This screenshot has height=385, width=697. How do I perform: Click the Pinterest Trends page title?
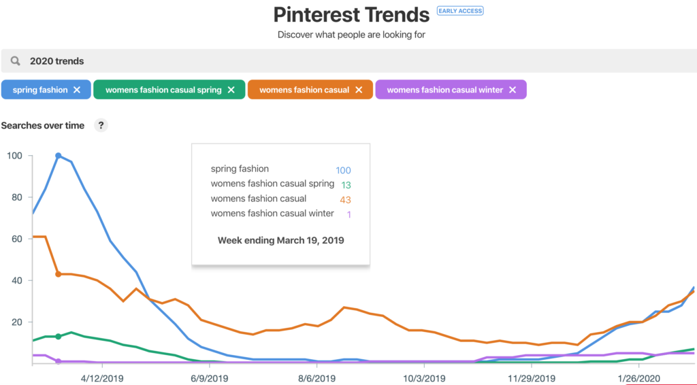pyautogui.click(x=351, y=14)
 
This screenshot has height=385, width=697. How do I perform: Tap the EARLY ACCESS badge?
pyautogui.click(x=460, y=11)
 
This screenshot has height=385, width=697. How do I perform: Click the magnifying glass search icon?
pyautogui.click(x=15, y=61)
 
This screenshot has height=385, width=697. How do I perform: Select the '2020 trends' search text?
pyautogui.click(x=56, y=61)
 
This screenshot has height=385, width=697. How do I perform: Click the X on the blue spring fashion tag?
pyautogui.click(x=77, y=90)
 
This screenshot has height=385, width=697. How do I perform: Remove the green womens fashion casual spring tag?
pyautogui.click(x=231, y=90)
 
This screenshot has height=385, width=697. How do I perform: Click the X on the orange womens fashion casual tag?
pyautogui.click(x=359, y=90)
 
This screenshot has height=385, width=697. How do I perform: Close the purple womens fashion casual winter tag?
pyautogui.click(x=513, y=90)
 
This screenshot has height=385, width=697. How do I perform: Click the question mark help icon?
pyautogui.click(x=101, y=125)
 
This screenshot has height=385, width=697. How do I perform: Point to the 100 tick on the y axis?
pyautogui.click(x=14, y=156)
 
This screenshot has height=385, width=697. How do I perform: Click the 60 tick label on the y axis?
pyautogui.click(x=16, y=239)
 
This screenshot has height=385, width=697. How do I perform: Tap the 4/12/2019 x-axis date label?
pyautogui.click(x=101, y=378)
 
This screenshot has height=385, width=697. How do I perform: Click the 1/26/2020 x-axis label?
pyautogui.click(x=638, y=378)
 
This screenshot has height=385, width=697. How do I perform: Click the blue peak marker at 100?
pyautogui.click(x=59, y=156)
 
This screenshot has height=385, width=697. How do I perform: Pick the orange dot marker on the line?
pyautogui.click(x=59, y=274)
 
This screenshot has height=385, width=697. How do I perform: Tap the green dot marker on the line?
pyautogui.click(x=59, y=337)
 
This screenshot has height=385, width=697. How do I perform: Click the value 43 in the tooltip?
pyautogui.click(x=345, y=200)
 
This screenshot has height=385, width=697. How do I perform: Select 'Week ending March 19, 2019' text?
pyautogui.click(x=280, y=240)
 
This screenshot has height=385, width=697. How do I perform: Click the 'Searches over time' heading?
pyautogui.click(x=43, y=125)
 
